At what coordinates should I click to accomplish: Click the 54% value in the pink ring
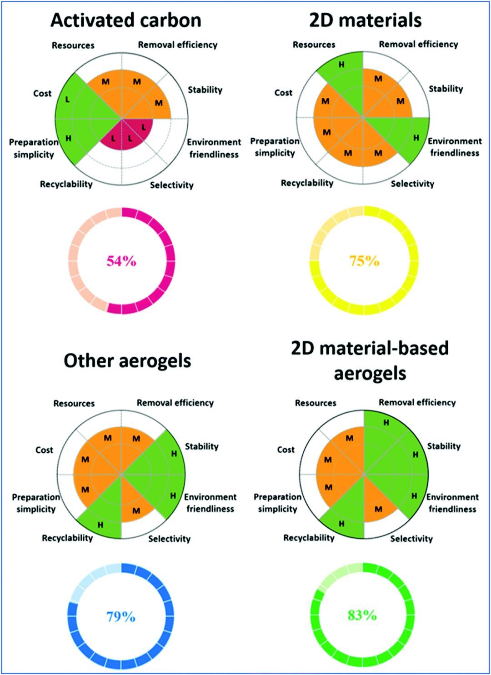(121, 261)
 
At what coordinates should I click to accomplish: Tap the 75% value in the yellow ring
(364, 261)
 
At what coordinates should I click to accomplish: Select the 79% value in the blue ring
(121, 616)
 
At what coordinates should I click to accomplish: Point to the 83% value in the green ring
(362, 615)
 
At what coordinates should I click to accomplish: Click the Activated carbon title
(126, 20)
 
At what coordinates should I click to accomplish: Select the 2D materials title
(366, 20)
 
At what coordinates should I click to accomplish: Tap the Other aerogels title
(127, 361)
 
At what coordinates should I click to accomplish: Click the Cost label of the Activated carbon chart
(42, 94)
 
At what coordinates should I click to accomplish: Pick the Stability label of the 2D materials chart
(446, 89)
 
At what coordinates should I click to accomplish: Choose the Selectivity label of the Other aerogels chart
(169, 539)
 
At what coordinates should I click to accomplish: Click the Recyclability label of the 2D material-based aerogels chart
(309, 538)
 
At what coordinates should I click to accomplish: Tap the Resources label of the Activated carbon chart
(73, 45)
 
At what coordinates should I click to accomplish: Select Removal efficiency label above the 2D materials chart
(418, 45)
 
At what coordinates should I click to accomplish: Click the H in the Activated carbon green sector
(68, 138)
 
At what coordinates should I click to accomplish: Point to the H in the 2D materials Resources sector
(341, 65)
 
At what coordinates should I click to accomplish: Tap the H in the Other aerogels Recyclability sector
(100, 525)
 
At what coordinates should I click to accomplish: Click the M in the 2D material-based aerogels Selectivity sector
(378, 509)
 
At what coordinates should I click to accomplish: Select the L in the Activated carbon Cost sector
(68, 100)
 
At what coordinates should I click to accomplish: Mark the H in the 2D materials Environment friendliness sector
(416, 138)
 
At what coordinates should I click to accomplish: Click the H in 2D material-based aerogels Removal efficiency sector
(386, 423)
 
